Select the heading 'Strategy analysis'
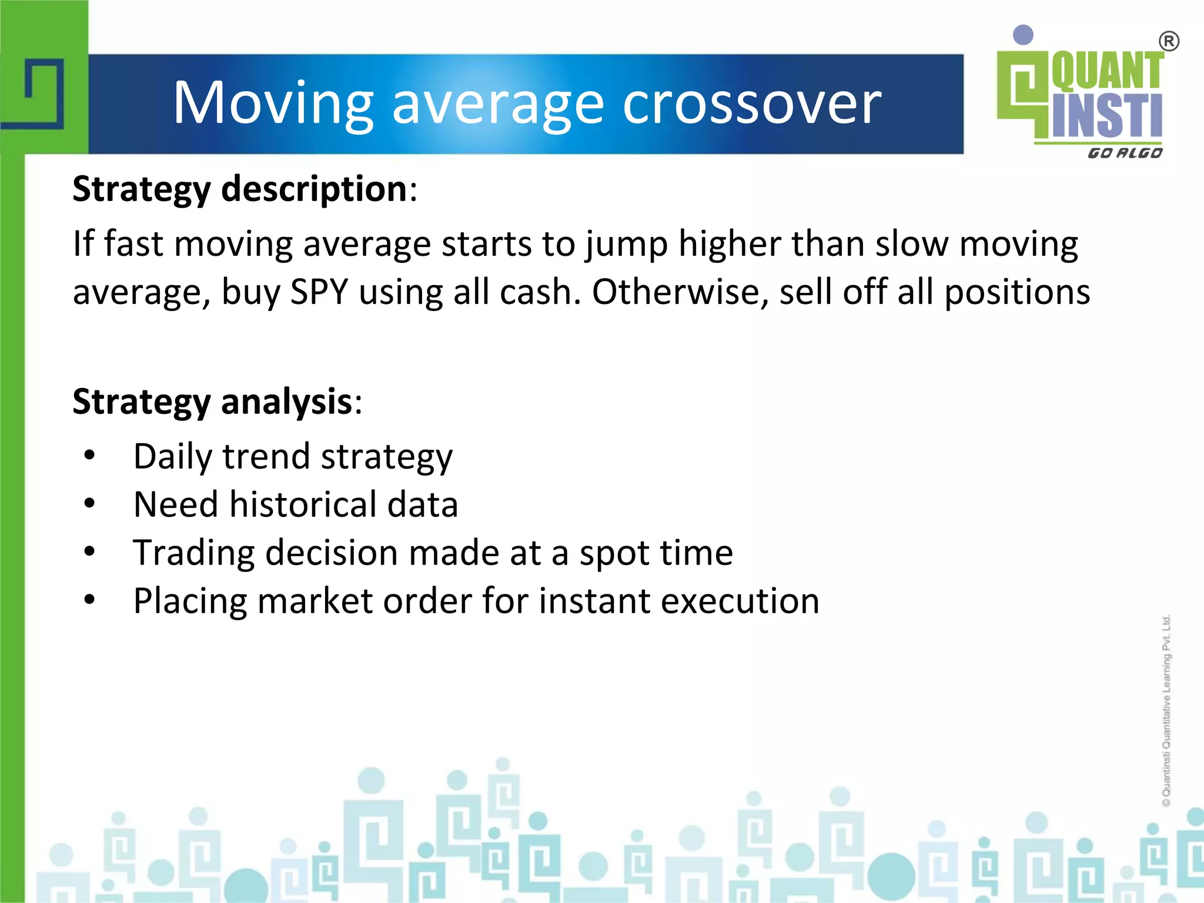212,402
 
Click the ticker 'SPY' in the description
319,292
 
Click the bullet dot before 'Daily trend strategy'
89,456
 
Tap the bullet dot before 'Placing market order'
89,600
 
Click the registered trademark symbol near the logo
1169,42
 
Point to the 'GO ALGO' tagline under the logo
1125,153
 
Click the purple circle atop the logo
1024,35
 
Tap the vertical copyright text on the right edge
1166,710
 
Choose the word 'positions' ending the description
1017,292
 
